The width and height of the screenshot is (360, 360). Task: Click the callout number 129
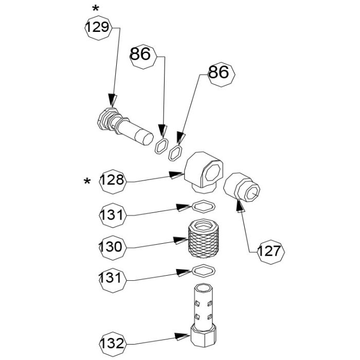pos(98,27)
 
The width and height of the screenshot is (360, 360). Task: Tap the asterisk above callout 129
pos(95,9)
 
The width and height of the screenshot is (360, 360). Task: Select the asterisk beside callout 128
pos(87,182)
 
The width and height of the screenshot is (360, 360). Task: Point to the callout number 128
pos(112,181)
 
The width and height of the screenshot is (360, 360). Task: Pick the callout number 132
pos(112,343)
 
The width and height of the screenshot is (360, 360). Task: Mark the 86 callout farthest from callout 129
pos(220,73)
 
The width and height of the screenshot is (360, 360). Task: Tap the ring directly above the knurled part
pos(204,206)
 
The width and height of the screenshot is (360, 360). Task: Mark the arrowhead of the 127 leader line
pos(239,206)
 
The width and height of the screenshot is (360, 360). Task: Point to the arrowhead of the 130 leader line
pos(181,240)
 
